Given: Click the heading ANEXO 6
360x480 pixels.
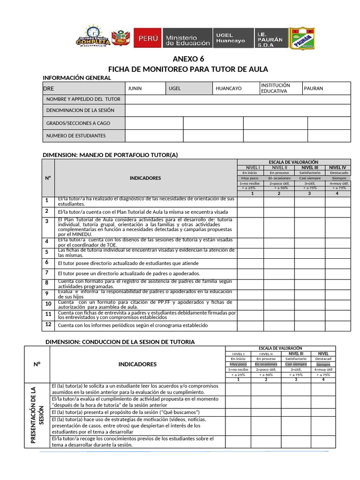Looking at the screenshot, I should click(188, 59).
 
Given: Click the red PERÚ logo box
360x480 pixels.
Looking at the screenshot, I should click(147, 37).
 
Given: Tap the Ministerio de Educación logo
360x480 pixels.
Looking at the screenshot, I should click(187, 38).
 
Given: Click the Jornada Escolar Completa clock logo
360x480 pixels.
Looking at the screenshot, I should click(93, 37).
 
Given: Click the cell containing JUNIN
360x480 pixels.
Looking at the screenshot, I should click(145, 89).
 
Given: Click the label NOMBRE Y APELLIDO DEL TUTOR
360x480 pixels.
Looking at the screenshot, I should click(83, 99).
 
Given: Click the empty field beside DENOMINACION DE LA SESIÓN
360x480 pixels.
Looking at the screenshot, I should click(238, 111).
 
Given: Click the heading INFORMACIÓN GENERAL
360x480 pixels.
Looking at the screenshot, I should click(77, 78).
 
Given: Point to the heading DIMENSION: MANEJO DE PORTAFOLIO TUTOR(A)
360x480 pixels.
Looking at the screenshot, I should click(111, 155).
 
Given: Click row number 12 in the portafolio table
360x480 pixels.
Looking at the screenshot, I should click(48, 324).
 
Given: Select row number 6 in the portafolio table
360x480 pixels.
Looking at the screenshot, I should click(47, 262).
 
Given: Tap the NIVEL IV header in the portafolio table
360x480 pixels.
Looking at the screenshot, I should click(337, 167).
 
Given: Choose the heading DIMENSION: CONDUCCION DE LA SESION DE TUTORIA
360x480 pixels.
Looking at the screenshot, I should click(120, 342).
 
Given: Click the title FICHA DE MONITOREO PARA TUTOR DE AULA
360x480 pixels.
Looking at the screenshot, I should click(188, 69).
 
